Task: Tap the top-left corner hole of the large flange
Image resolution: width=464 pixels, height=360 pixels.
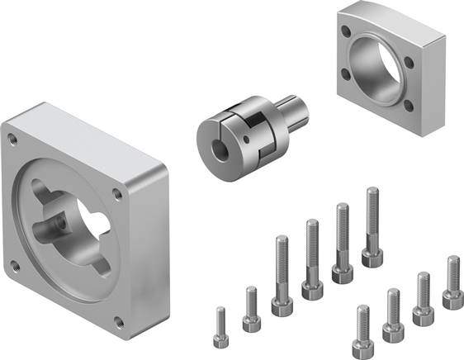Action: tap(11, 134)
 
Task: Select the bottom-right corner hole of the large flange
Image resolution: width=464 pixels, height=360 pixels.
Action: tap(121, 322)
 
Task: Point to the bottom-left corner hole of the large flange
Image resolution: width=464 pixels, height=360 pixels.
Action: tap(14, 266)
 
